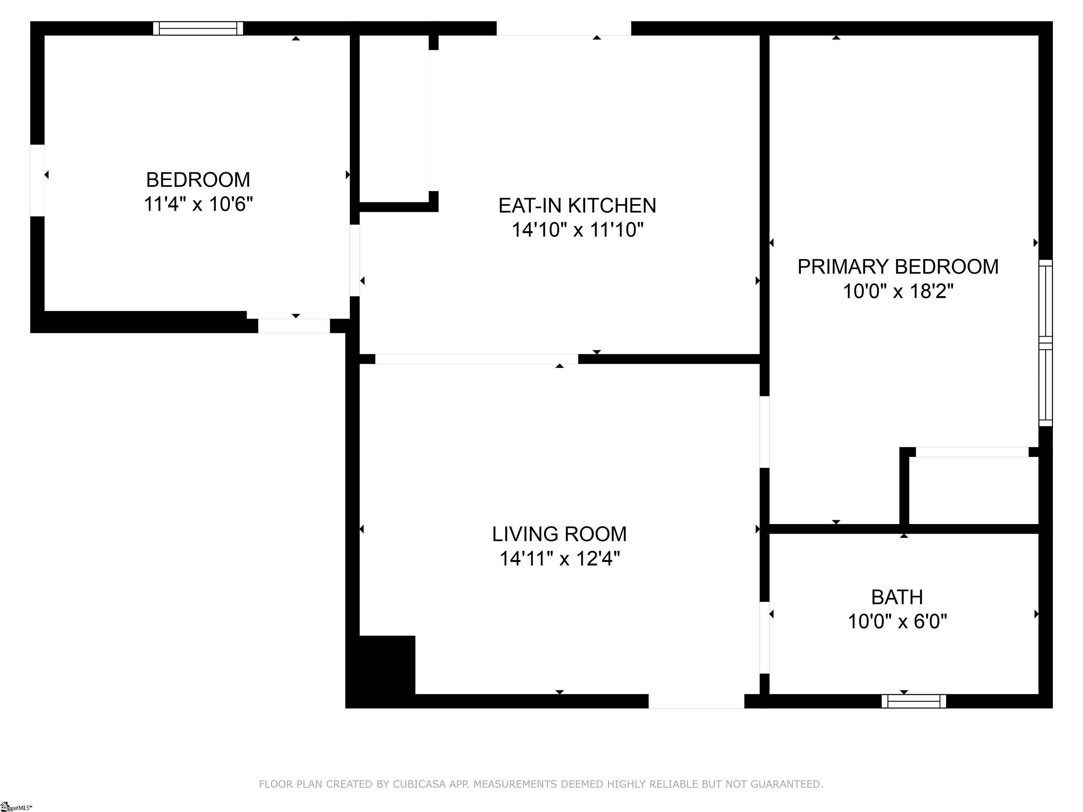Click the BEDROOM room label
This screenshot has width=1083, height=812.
(x=198, y=180)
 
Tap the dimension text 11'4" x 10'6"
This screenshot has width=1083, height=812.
(x=198, y=204)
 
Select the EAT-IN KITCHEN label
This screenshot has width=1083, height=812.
(x=577, y=205)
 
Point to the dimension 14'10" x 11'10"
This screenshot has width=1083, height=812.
(x=577, y=229)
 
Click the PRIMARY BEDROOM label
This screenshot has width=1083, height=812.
(x=898, y=267)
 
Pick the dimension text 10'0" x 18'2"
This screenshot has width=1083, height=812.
(x=898, y=292)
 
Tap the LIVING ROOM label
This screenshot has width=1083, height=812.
(x=559, y=534)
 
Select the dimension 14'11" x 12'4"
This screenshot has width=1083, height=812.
(x=559, y=559)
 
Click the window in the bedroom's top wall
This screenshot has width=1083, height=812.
(x=198, y=29)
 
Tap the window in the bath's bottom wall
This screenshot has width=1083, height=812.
(x=913, y=701)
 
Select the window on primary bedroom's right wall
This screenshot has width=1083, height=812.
(x=1045, y=343)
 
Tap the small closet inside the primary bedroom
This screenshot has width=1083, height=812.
(x=973, y=491)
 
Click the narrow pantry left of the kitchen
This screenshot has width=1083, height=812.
(x=394, y=117)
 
